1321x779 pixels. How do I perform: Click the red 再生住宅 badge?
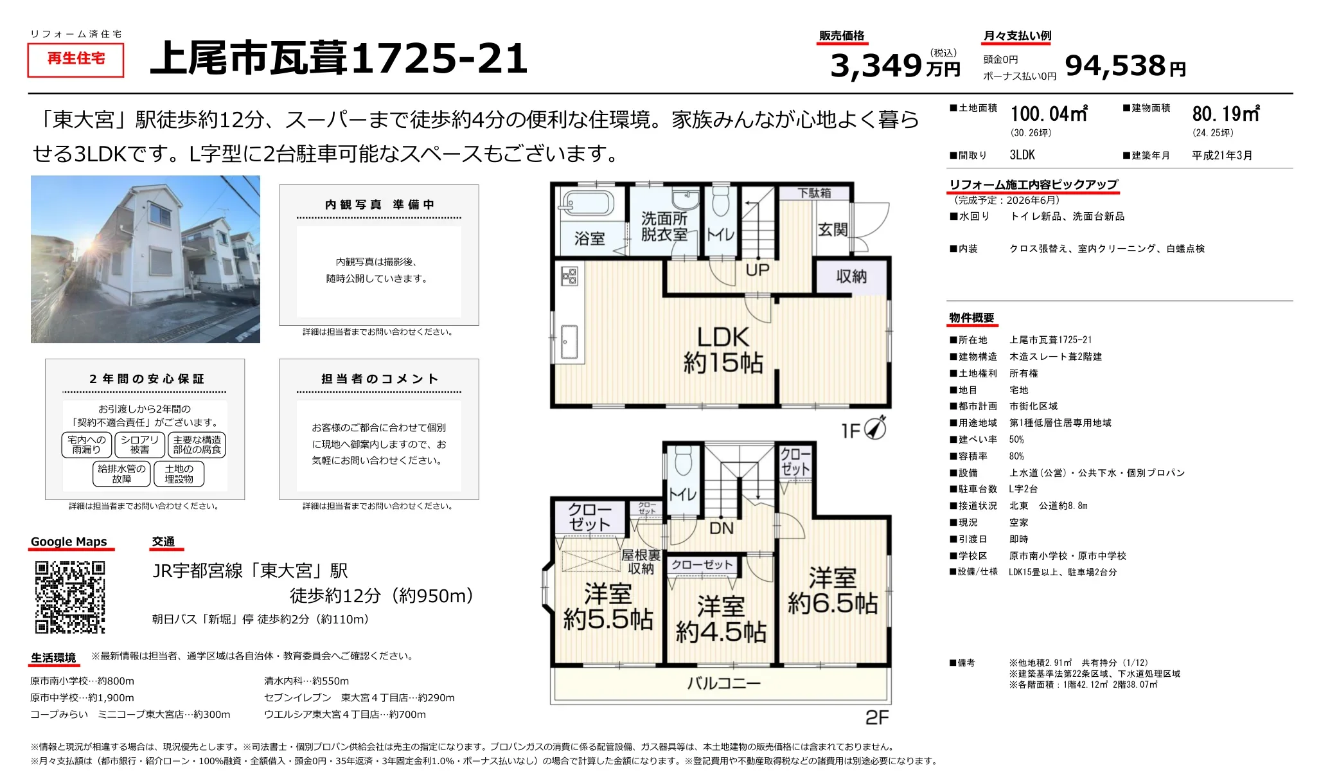pos(76,59)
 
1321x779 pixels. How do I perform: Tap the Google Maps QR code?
pos(69,597)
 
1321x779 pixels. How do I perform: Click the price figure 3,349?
pos(876,66)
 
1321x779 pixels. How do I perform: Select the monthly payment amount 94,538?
pos(1115,66)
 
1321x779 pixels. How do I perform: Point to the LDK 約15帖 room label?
pos(723,350)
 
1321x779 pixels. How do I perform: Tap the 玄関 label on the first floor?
pos(833,229)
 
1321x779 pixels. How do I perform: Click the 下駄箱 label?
pos(814,193)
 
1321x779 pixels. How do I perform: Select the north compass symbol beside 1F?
pos(876,427)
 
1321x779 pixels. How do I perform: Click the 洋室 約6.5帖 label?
pos(833,591)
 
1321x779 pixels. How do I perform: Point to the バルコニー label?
pos(723,683)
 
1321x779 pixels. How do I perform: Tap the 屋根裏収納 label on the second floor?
pos(641,562)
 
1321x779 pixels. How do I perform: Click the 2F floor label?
pos(877,717)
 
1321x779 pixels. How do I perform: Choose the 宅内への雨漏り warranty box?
pos(87,445)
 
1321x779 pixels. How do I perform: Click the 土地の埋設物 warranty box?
pos(179,474)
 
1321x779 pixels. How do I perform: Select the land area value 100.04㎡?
pos(1049,114)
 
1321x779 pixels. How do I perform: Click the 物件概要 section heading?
pos(971,318)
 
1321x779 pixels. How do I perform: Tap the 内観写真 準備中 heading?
pos(379,204)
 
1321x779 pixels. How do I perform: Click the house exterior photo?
pos(145,259)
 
